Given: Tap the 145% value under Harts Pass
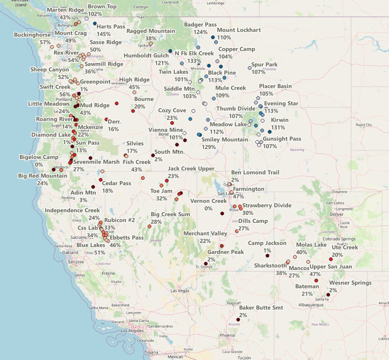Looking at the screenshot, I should (103, 34).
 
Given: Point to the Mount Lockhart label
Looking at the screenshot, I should (236, 30).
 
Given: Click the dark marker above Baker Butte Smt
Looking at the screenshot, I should (238, 320).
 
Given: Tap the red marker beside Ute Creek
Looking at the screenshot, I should (331, 259).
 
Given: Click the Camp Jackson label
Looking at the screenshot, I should (267, 243).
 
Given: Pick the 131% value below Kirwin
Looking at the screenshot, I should (278, 127).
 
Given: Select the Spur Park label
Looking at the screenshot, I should (264, 65).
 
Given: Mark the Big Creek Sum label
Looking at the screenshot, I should (170, 214).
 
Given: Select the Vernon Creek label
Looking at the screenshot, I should (208, 201).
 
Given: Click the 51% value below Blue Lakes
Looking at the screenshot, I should (99, 253).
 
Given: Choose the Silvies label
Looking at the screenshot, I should (135, 144).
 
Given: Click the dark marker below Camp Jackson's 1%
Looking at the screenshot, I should (267, 256).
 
